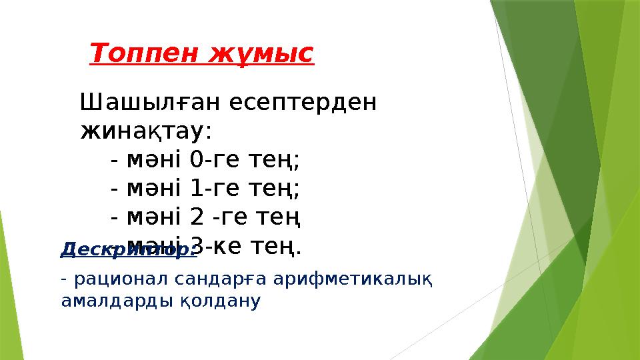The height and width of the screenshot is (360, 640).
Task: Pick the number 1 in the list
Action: coord(197,189)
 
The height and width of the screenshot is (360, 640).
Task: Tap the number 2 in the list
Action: coord(197,218)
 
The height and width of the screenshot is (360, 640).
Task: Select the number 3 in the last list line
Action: coord(197,247)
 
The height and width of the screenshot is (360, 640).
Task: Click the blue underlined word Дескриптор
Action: coord(127,250)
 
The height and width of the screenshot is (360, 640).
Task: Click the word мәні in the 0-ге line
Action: coord(155,161)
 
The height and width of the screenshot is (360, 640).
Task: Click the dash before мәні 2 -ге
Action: coord(115,218)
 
